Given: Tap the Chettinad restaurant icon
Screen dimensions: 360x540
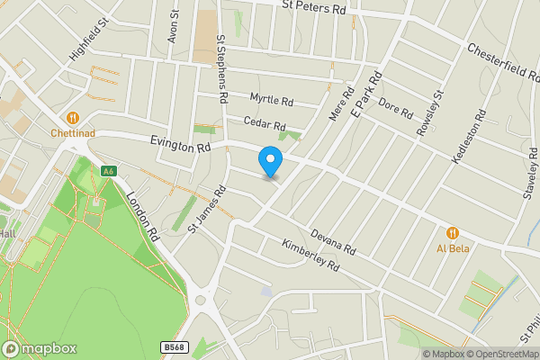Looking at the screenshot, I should tap(73, 118).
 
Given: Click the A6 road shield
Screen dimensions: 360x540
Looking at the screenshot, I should tap(109, 171).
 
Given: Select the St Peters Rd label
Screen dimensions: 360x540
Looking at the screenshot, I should tap(313, 8).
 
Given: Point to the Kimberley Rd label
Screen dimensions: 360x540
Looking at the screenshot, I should tap(310, 255).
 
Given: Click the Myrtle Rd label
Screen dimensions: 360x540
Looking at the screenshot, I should tap(272, 100).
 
